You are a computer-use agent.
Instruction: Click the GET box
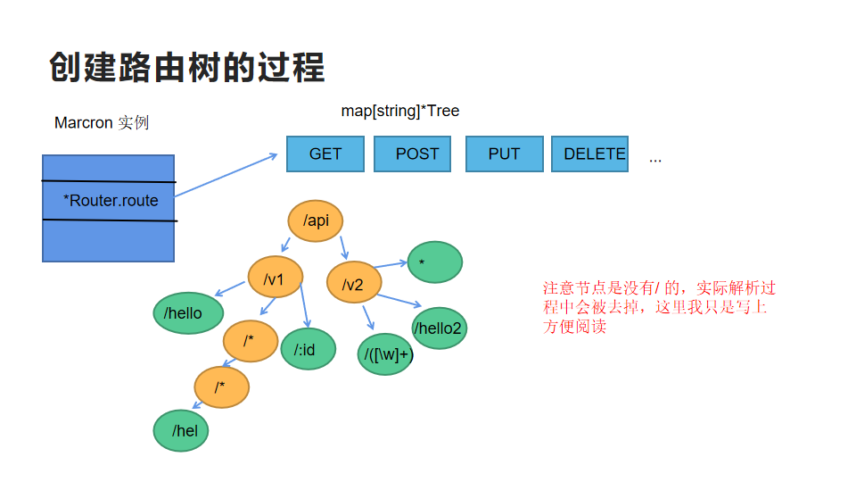[325, 154]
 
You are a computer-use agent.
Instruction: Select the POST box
[417, 154]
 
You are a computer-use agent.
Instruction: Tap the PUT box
[504, 154]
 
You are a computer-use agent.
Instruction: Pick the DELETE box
[589, 154]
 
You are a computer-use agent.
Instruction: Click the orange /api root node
[316, 220]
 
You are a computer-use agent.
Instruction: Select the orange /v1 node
[276, 280]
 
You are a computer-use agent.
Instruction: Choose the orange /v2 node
[354, 284]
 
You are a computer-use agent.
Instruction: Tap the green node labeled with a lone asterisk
[435, 262]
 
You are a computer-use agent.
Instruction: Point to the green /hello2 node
[439, 328]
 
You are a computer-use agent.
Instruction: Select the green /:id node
[308, 349]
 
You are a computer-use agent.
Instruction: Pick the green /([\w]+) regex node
[387, 354]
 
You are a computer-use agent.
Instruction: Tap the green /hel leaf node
[181, 431]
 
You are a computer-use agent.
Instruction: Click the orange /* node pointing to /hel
[222, 387]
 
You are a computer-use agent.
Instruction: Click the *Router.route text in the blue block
[111, 201]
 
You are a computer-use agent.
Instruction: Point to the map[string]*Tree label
[400, 111]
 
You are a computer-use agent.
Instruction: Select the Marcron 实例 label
[102, 122]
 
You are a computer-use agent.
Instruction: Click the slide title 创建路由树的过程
[186, 67]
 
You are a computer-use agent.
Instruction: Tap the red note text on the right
[659, 307]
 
